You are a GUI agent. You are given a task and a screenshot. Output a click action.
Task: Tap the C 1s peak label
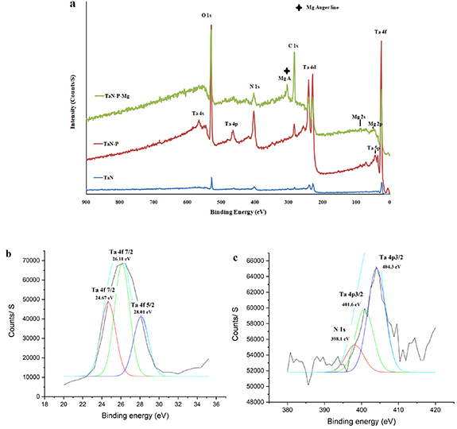click(292, 46)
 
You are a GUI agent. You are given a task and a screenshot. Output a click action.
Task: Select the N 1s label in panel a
click(254, 86)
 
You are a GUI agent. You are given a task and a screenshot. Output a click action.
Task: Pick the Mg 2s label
click(359, 116)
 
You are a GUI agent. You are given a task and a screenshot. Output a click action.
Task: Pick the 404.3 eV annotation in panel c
click(391, 266)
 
